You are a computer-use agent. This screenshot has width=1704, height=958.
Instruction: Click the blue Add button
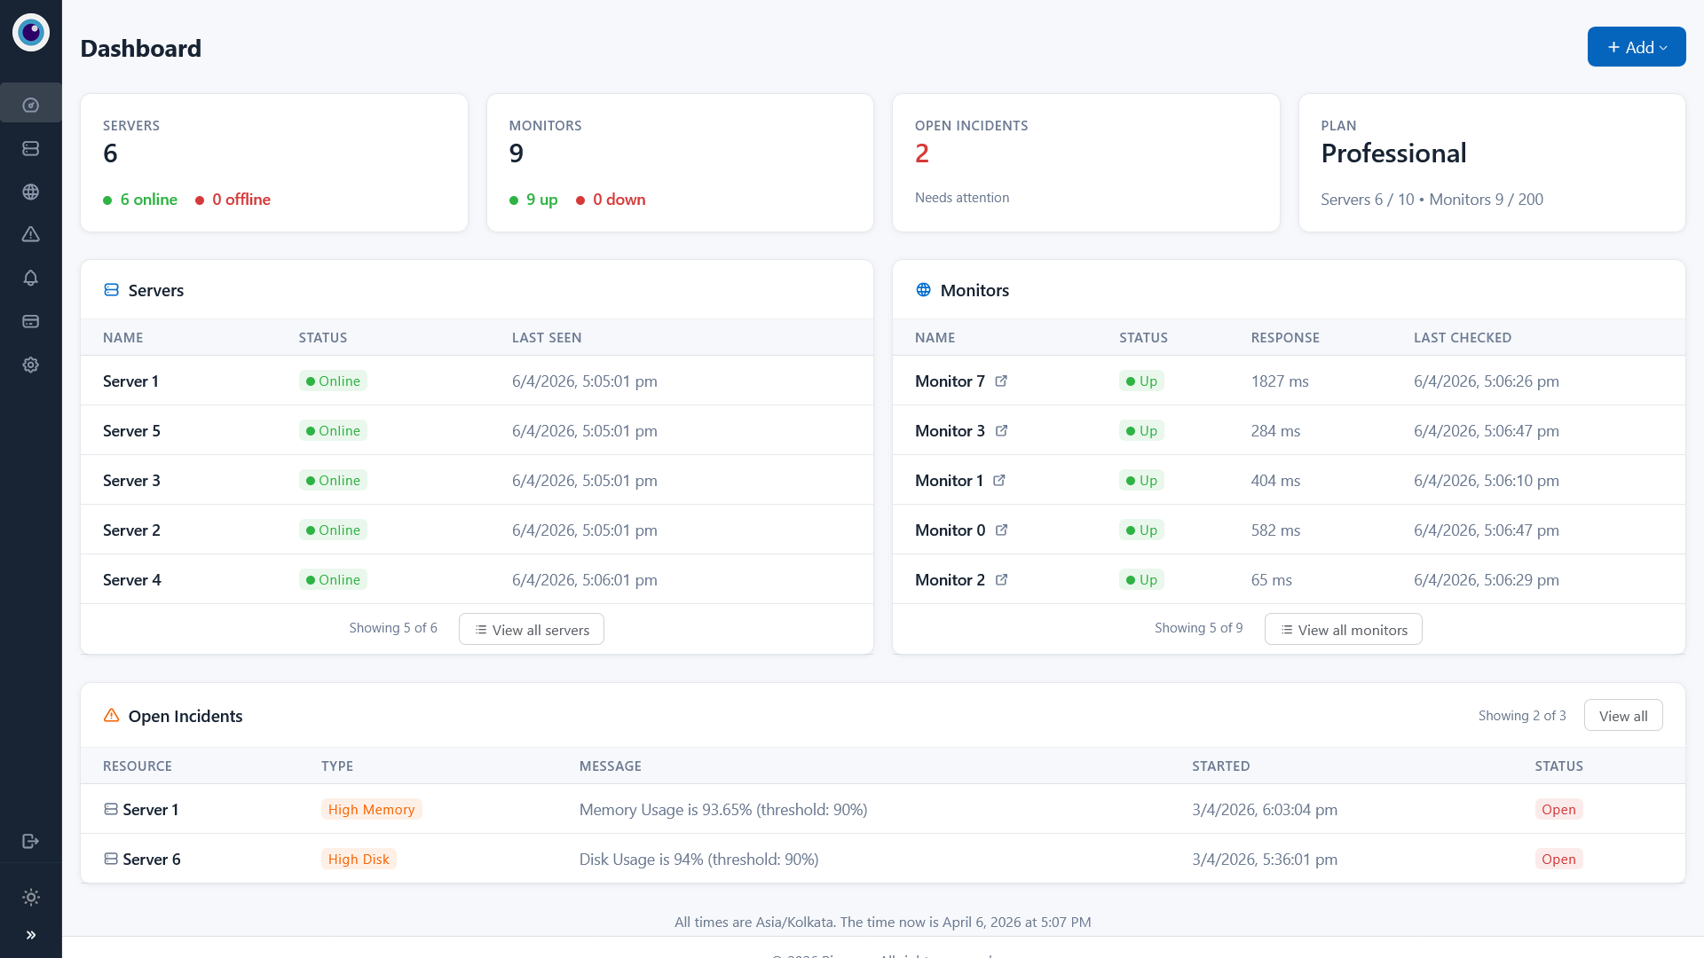[x=1636, y=47]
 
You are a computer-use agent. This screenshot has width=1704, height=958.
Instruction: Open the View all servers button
[x=531, y=630]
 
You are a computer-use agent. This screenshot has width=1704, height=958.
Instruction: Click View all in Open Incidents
[x=1622, y=716]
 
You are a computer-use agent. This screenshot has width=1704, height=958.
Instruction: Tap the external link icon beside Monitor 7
[x=1001, y=381]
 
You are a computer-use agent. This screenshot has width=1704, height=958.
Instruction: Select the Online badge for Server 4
[x=333, y=580]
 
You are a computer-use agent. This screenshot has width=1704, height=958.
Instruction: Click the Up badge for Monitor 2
[x=1141, y=580]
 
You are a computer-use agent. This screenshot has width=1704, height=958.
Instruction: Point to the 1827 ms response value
[x=1279, y=381]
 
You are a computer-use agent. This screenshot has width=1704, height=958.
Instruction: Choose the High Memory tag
[x=371, y=810]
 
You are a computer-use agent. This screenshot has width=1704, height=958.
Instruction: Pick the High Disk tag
[x=359, y=860]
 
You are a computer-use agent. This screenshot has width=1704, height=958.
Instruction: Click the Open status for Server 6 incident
[x=1558, y=860]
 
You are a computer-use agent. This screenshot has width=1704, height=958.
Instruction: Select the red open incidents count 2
[x=922, y=153]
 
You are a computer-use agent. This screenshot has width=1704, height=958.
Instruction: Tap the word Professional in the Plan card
[x=1393, y=153]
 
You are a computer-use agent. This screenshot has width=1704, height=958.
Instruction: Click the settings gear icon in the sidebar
[x=31, y=365]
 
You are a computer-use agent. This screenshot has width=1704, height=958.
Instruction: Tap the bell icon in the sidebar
[x=31, y=278]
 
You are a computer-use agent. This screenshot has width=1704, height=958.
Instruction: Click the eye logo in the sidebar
[x=31, y=33]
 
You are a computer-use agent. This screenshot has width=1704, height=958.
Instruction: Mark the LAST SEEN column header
[x=547, y=338]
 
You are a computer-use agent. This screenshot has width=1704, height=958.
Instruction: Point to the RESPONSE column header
[x=1285, y=338]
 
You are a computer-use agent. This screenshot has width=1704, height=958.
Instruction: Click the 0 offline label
[x=241, y=200]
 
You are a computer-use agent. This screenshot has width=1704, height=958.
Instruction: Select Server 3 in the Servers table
[x=131, y=481]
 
